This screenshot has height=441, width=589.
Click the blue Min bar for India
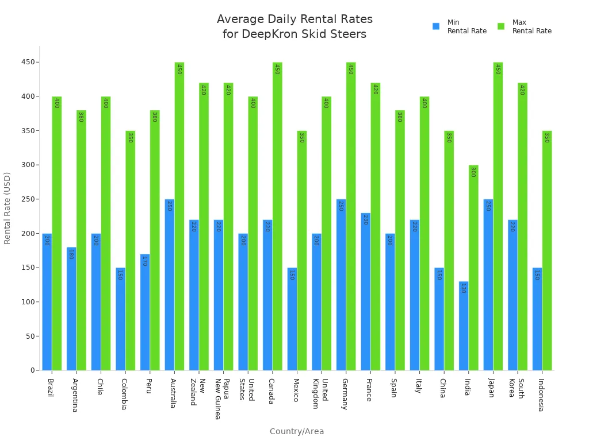pyautogui.click(x=464, y=326)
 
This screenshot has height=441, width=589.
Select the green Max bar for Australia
pyautogui.click(x=179, y=216)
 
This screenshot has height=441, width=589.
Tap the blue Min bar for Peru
pyautogui.click(x=145, y=312)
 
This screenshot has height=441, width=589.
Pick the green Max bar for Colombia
pyautogui.click(x=130, y=250)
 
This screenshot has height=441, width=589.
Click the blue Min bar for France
pyautogui.click(x=365, y=291)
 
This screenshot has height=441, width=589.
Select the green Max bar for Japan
pyautogui.click(x=498, y=216)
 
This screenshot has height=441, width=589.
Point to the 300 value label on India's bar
pyautogui.click(x=473, y=172)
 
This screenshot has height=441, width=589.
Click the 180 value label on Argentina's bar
pyautogui.click(x=71, y=254)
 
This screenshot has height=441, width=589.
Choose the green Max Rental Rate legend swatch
pyautogui.click(x=501, y=26)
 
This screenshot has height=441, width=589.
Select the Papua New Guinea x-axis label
pyautogui.click(x=221, y=399)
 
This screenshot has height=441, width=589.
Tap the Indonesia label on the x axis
pyautogui.click(x=541, y=394)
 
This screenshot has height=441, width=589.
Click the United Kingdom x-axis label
pyautogui.click(x=320, y=393)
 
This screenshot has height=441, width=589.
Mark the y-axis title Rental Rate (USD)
pyautogui.click(x=7, y=208)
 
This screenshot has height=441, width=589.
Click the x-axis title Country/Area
pyautogui.click(x=297, y=431)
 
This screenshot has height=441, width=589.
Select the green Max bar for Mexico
pyautogui.click(x=301, y=250)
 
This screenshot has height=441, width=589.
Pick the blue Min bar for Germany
pyautogui.click(x=341, y=284)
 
